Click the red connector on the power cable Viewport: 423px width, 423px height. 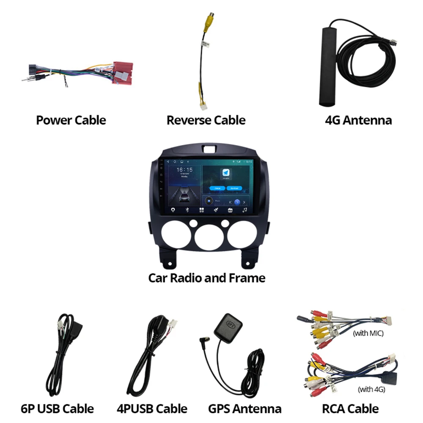[x=122, y=73]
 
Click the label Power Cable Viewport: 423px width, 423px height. [x=71, y=120]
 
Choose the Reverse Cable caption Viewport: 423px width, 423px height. [x=206, y=120]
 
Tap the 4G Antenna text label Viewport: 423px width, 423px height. [x=358, y=120]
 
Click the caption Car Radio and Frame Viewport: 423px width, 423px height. [x=206, y=278]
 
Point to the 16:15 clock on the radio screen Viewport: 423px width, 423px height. [x=184, y=170]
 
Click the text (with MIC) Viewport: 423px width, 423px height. [x=368, y=333]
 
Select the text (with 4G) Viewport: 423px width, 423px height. [x=371, y=389]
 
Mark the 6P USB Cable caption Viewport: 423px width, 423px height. [x=57, y=409]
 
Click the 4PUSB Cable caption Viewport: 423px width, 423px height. [x=152, y=409]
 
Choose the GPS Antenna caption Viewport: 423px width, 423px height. [x=244, y=409]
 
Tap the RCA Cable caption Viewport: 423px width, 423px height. [x=350, y=409]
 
